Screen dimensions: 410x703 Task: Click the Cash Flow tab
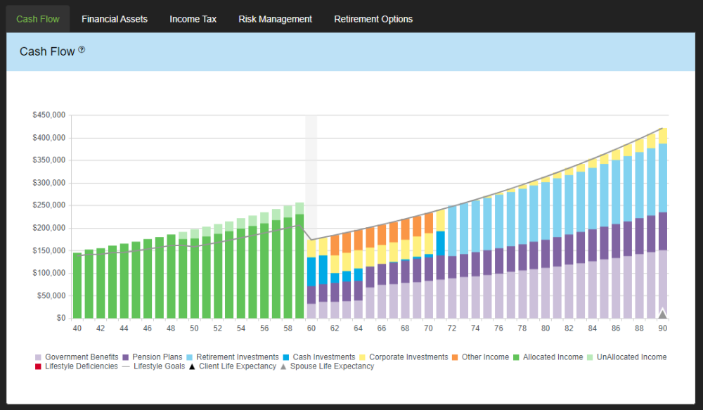[x=38, y=19]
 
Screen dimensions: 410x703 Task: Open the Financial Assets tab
[x=115, y=19]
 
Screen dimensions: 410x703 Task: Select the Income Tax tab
[x=193, y=19]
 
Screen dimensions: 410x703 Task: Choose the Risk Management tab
[x=275, y=19]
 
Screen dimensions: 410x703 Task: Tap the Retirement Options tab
[x=373, y=19]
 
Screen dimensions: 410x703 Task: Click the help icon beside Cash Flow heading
[x=82, y=50]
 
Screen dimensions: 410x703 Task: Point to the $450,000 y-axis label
[x=49, y=115]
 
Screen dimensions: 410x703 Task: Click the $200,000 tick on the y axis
[x=49, y=228]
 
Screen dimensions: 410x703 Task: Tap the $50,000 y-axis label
[x=51, y=295]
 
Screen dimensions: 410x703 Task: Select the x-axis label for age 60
[x=311, y=328]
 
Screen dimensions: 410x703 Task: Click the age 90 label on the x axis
[x=662, y=328]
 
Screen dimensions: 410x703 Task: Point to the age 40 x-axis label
[x=77, y=328]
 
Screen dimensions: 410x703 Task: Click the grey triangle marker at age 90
[x=662, y=314]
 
